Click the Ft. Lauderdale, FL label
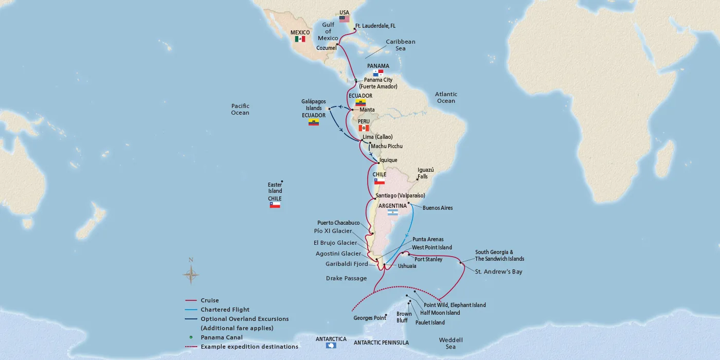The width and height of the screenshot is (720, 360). (x=375, y=26)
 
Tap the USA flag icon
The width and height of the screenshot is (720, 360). (x=344, y=19)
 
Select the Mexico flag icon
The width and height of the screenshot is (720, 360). (x=300, y=39)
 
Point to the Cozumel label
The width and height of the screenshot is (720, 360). (x=326, y=48)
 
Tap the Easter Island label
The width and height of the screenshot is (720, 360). (x=275, y=188)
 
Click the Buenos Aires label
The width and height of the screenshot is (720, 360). (x=438, y=208)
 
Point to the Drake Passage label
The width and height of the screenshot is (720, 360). (x=346, y=278)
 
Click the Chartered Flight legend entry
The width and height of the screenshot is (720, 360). (x=225, y=310)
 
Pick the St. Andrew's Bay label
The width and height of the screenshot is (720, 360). (x=498, y=272)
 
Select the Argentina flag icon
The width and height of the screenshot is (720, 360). (x=392, y=212)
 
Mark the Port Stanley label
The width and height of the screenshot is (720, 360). (x=428, y=259)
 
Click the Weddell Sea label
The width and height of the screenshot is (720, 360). (x=451, y=343)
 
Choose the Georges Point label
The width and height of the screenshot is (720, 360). (x=370, y=318)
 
